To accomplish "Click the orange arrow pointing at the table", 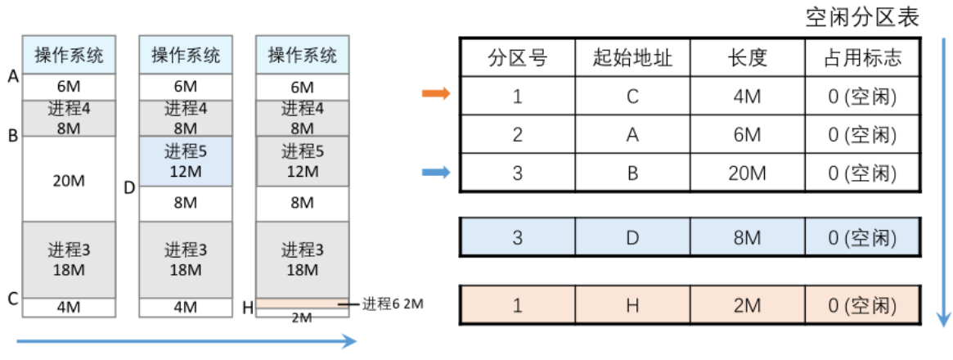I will point(436,95).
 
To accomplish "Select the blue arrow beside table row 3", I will point(436,173).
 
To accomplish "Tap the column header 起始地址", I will point(632,57).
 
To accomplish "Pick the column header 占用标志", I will point(864,57).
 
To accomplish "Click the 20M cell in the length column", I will point(747,173).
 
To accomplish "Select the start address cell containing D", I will point(632,238).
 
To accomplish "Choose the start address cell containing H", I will point(632,307).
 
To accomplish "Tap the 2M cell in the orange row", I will point(747,307).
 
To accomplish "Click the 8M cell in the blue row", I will point(747,238).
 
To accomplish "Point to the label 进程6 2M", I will point(393,304).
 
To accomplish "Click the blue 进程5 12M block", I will point(186,161).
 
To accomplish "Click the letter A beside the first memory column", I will point(12,77).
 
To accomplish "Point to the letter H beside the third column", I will point(248,308).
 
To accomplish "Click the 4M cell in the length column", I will point(747,96).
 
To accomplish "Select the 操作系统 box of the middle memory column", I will point(186,56).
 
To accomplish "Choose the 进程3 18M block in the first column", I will point(69,259).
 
